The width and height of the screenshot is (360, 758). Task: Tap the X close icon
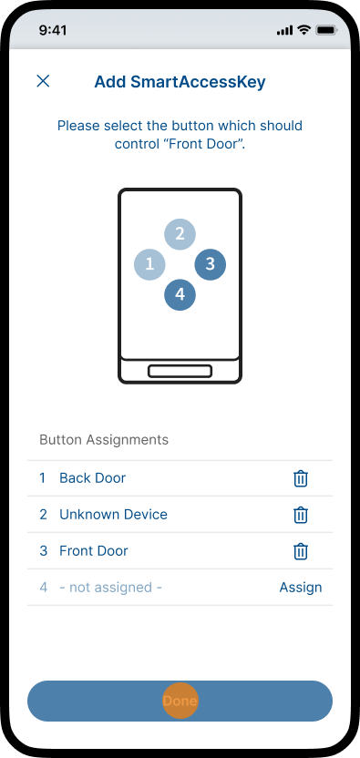[x=43, y=81]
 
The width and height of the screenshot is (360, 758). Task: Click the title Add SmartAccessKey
[x=180, y=82]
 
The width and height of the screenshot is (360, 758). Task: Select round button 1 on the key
[x=149, y=264]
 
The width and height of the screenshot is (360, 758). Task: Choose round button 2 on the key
[x=180, y=234]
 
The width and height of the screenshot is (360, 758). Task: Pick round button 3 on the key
[x=210, y=264]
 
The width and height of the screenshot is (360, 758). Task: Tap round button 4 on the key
[x=180, y=294]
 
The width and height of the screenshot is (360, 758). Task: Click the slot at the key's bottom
[x=180, y=372]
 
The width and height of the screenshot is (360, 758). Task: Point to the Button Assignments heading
[x=104, y=440]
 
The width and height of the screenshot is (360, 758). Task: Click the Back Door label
[x=92, y=478]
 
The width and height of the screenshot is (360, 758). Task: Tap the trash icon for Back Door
[x=301, y=478]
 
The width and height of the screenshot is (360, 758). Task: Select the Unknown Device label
[x=113, y=515]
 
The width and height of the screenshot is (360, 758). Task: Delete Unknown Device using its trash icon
[x=301, y=515]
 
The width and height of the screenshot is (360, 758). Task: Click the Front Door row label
[x=94, y=550]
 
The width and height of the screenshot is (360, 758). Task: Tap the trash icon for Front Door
[x=301, y=551]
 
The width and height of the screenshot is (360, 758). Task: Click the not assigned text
[x=111, y=588]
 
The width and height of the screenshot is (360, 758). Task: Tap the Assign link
[x=301, y=588]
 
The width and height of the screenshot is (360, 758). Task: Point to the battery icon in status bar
[x=326, y=30]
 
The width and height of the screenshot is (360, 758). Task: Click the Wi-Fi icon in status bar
[x=303, y=30]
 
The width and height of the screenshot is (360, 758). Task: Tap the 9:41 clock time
[x=53, y=30]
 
